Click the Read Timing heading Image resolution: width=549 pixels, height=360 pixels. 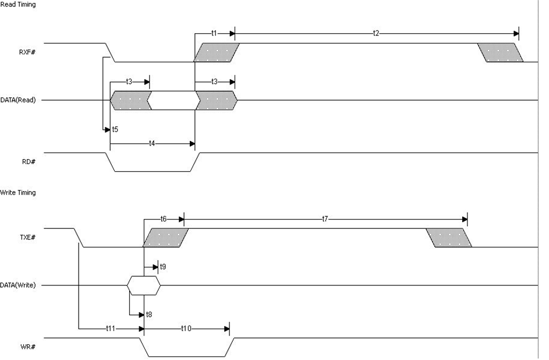pyautogui.click(x=18, y=5)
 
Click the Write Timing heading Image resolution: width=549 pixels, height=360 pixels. pyautogui.click(x=18, y=193)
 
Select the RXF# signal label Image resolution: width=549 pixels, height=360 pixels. pyautogui.click(x=28, y=52)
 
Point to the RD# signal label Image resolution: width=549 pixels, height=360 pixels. pyautogui.click(x=29, y=161)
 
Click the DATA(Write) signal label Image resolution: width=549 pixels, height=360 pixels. pyautogui.click(x=18, y=285)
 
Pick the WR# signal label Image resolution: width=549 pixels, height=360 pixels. pyautogui.click(x=29, y=347)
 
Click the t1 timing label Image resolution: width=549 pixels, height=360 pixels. pyautogui.click(x=214, y=33)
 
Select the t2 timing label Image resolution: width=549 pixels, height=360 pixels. pyautogui.click(x=376, y=33)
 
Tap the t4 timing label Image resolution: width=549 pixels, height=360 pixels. pyautogui.click(x=152, y=143)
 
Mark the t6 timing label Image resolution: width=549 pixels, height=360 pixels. pyautogui.click(x=164, y=219)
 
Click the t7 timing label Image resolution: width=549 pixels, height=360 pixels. pyautogui.click(x=325, y=219)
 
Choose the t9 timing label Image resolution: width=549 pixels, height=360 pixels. pyautogui.click(x=163, y=267)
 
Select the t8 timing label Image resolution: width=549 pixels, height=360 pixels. pyautogui.click(x=150, y=315)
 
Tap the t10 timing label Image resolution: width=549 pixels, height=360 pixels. pyautogui.click(x=186, y=329)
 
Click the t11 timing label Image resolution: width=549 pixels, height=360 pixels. pyautogui.click(x=110, y=329)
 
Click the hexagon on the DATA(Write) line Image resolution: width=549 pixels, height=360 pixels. pyautogui.click(x=143, y=285)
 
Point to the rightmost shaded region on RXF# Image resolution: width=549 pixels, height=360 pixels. pyautogui.click(x=500, y=52)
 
